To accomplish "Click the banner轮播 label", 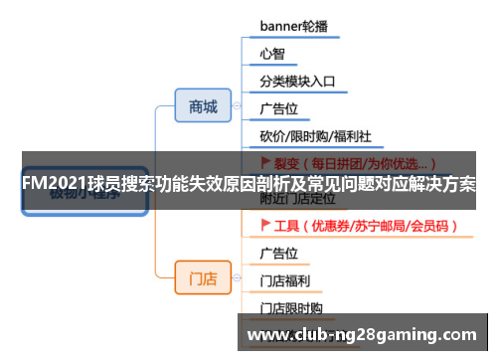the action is pyautogui.click(x=294, y=25).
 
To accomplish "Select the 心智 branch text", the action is pyautogui.click(x=272, y=53).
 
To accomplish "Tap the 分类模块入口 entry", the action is pyautogui.click(x=297, y=81).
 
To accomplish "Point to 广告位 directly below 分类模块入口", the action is pyautogui.click(x=279, y=107).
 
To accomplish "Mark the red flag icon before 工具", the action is pyautogui.click(x=264, y=226).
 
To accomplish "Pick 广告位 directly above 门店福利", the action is pyautogui.click(x=279, y=253).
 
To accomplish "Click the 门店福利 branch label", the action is pyautogui.click(x=285, y=280).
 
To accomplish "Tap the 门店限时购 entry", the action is pyautogui.click(x=291, y=308).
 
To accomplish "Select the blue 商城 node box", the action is pyautogui.click(x=203, y=105).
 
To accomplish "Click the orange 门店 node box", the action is pyautogui.click(x=203, y=277).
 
